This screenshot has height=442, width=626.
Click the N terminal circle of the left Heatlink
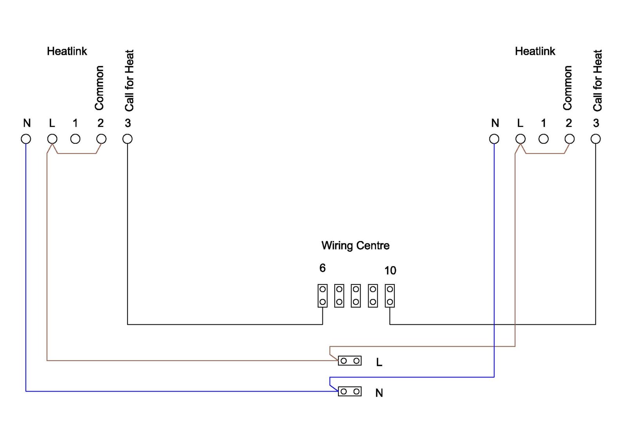pyautogui.click(x=26, y=139)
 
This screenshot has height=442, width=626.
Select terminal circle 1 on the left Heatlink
pyautogui.click(x=76, y=139)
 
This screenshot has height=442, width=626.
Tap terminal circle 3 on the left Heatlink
pyautogui.click(x=128, y=139)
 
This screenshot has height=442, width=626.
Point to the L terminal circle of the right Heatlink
pyautogui.click(x=520, y=139)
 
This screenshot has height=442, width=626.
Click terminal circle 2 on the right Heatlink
pyautogui.click(x=570, y=139)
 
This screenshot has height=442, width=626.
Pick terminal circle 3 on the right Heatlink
pyautogui.click(x=595, y=139)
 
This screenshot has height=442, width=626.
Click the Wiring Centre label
pyautogui.click(x=355, y=246)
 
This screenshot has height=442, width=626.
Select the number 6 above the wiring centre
pyautogui.click(x=322, y=268)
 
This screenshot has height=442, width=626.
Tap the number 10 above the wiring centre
pyautogui.click(x=390, y=270)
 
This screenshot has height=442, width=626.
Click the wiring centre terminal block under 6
pyautogui.click(x=322, y=296)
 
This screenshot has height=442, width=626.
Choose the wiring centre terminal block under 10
pyautogui.click(x=390, y=296)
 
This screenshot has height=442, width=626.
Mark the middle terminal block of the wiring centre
pyautogui.click(x=356, y=296)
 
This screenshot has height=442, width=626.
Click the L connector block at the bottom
pyautogui.click(x=350, y=361)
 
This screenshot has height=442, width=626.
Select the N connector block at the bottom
pyautogui.click(x=350, y=392)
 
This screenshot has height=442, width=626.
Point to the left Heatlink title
pyautogui.click(x=67, y=51)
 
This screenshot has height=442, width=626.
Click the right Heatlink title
pyautogui.click(x=535, y=51)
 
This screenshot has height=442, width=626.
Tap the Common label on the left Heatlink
pyautogui.click(x=99, y=88)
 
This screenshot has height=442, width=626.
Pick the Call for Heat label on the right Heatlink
pyautogui.click(x=597, y=81)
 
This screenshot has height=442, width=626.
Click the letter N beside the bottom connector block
pyautogui.click(x=379, y=393)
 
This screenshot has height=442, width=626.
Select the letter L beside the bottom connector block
pyautogui.click(x=379, y=362)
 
